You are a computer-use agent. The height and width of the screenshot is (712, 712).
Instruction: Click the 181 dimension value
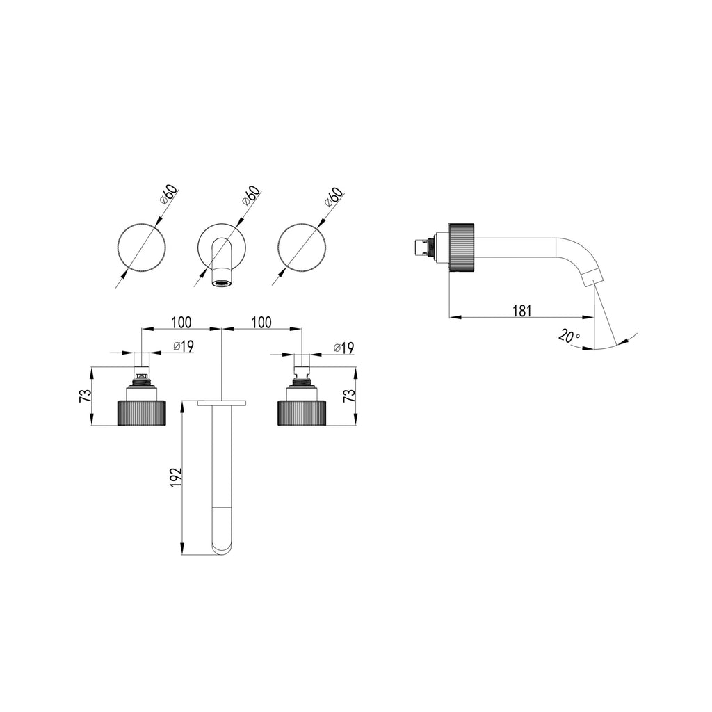(521, 311)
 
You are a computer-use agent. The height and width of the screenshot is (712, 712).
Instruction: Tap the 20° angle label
(569, 336)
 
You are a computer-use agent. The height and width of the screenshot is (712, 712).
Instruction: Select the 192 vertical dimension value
(175, 478)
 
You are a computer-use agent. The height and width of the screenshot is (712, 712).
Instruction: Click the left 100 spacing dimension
(181, 323)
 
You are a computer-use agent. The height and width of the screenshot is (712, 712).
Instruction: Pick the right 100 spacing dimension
(261, 323)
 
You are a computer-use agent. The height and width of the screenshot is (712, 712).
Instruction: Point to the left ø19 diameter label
(184, 346)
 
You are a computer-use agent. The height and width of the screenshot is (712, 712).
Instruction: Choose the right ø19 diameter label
(343, 348)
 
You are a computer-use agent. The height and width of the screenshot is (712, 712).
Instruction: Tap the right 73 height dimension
(349, 396)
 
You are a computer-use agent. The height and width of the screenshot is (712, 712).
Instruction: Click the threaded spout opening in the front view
(222, 284)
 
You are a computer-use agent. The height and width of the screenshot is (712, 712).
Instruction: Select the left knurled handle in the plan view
(142, 413)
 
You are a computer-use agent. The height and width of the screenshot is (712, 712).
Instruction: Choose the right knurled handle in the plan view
(302, 413)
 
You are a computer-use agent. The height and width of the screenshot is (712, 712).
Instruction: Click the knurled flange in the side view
(462, 248)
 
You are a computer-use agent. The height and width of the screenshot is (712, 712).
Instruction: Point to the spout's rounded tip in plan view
(222, 547)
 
